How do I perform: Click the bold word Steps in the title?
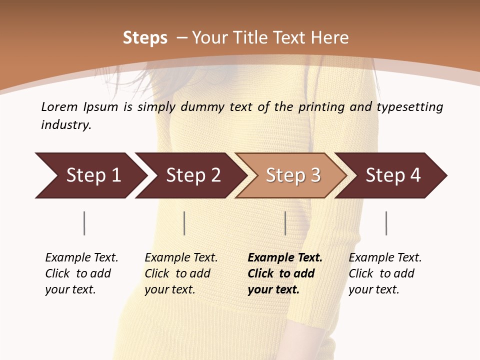145,38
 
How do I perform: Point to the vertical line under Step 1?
84,223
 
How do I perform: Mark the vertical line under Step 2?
184,223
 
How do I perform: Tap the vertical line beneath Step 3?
285,223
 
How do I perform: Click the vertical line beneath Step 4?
386,223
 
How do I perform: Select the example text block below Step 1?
81,273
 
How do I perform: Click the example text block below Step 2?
181,273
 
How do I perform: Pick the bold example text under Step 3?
285,273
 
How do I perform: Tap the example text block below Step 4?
385,273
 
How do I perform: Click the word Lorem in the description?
59,107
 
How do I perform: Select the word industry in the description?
66,124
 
